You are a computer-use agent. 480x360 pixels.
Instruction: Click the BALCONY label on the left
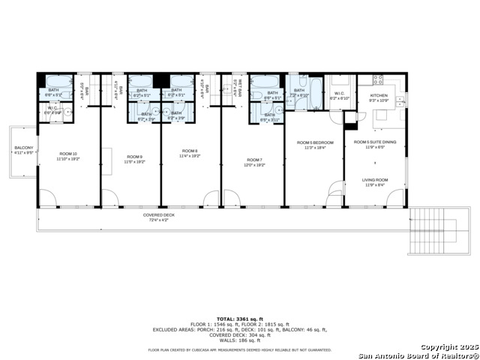click(x=24, y=148)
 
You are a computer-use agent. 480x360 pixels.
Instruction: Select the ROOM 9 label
click(x=134, y=156)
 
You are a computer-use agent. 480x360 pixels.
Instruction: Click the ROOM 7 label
click(x=254, y=160)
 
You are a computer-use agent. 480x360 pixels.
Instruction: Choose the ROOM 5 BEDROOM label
click(x=314, y=142)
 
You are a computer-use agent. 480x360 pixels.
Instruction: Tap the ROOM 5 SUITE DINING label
click(x=374, y=142)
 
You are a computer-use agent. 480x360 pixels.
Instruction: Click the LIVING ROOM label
click(x=374, y=180)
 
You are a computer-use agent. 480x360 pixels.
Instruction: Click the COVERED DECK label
click(x=159, y=215)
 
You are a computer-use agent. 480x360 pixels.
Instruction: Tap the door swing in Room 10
click(x=47, y=198)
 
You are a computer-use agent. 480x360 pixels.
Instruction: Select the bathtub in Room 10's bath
click(x=59, y=81)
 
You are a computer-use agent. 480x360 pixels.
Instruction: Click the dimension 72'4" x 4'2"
click(x=159, y=220)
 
